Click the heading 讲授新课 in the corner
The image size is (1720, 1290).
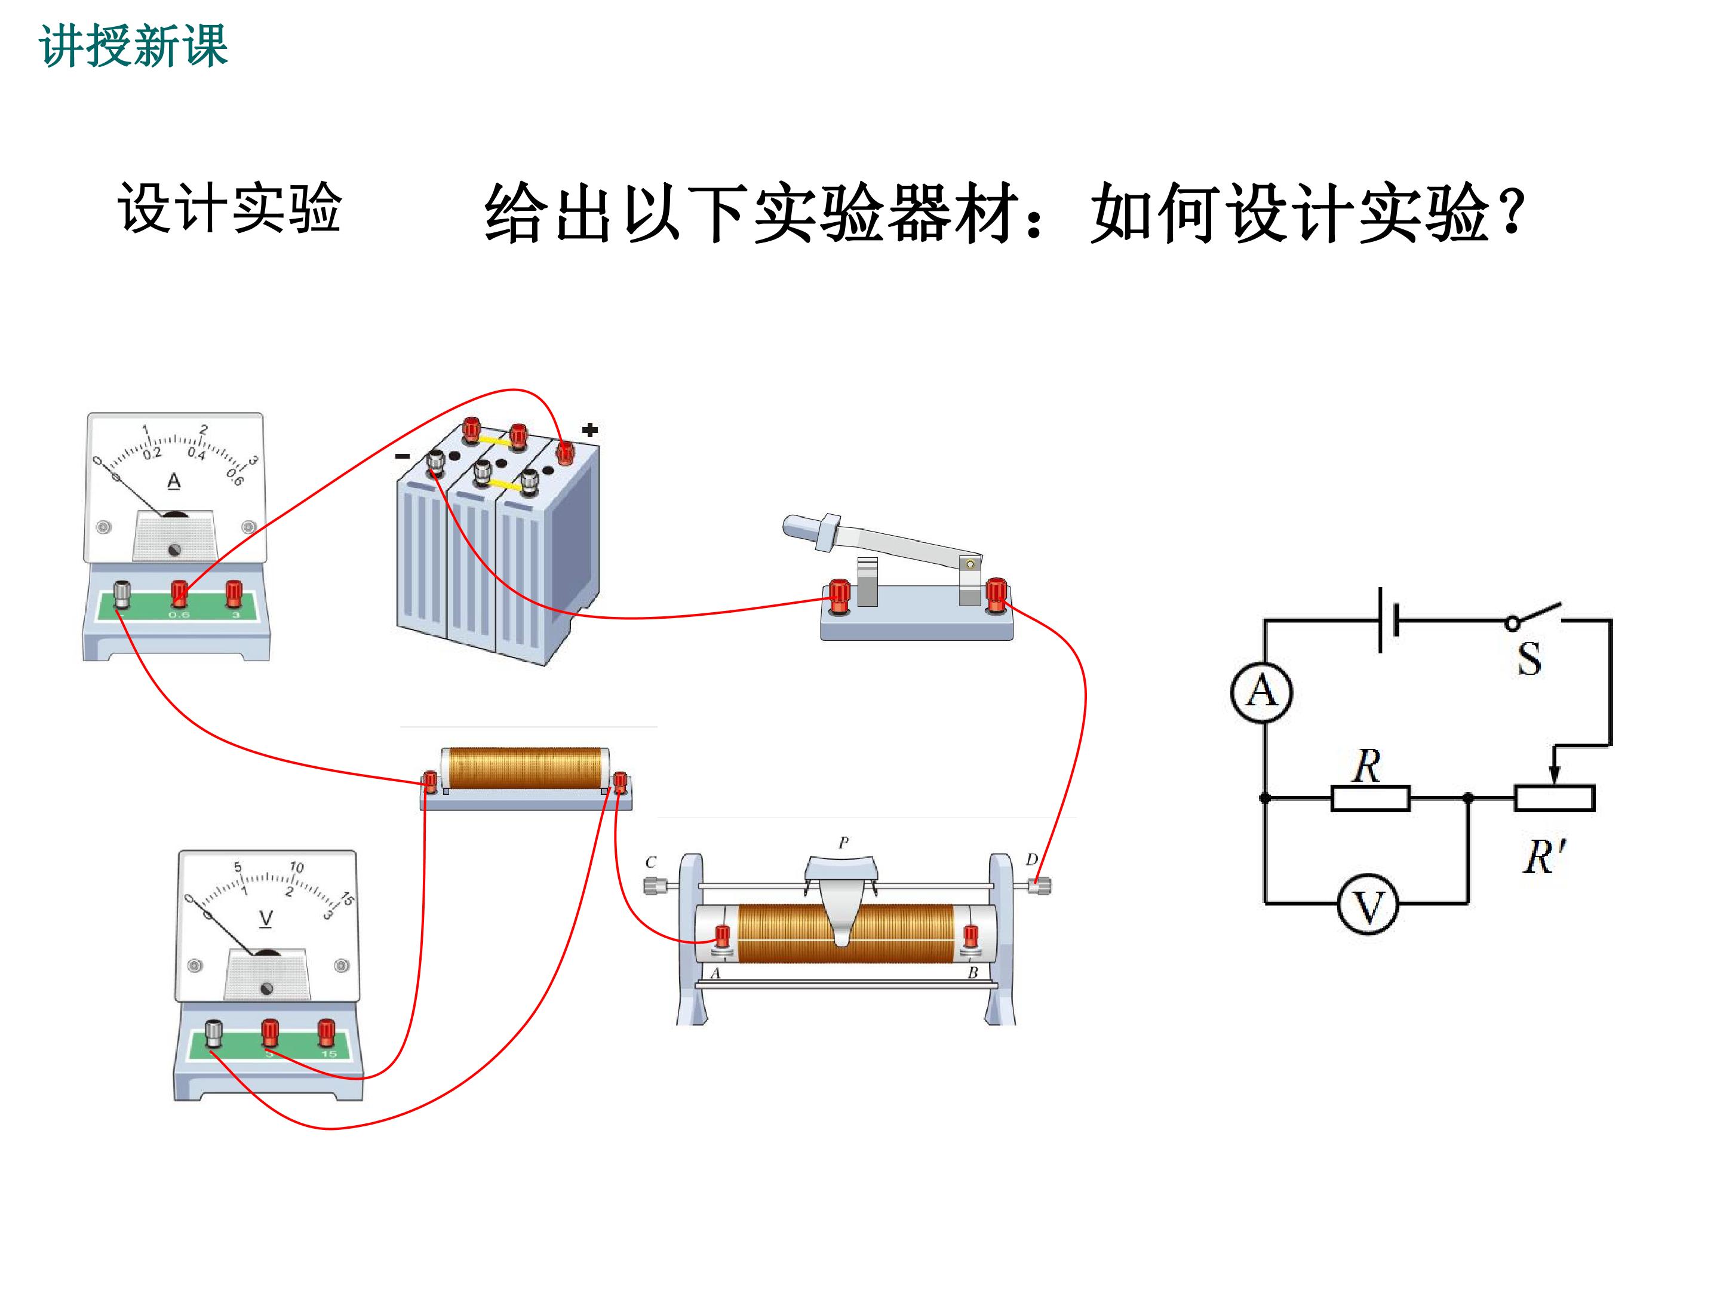click(x=133, y=46)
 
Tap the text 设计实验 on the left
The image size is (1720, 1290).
click(x=229, y=208)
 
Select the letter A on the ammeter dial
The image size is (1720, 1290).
click(x=174, y=481)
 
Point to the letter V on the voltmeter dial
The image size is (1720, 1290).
click(x=266, y=919)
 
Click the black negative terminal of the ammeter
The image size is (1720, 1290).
click(x=122, y=595)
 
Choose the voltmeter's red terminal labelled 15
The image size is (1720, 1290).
click(x=327, y=1033)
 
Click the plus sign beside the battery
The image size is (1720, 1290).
click(x=590, y=429)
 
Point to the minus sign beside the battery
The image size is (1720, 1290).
click(x=403, y=456)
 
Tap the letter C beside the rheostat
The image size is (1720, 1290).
click(x=651, y=862)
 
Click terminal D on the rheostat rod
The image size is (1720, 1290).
click(x=1040, y=885)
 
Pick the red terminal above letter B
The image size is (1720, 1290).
click(x=971, y=938)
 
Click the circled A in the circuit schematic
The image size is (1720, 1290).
click(x=1262, y=692)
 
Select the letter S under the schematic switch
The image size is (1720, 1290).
click(x=1529, y=659)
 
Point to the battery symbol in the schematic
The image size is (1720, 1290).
click(x=1388, y=621)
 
